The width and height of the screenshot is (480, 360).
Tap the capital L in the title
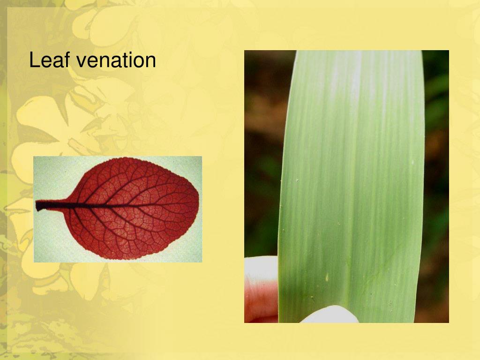(33, 61)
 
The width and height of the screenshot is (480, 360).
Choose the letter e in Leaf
(43, 62)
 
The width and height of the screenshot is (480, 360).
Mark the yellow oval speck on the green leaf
(327, 277)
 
